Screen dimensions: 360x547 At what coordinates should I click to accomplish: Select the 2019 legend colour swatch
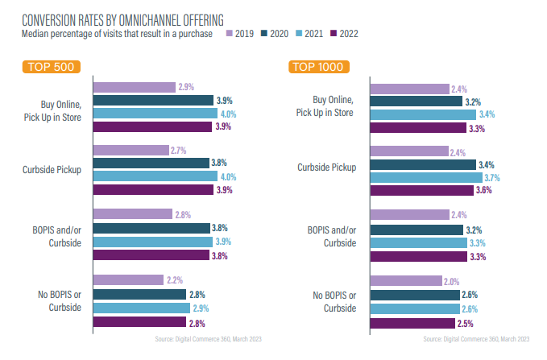[x=230, y=33]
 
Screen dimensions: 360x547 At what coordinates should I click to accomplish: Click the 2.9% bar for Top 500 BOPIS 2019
[x=135, y=87]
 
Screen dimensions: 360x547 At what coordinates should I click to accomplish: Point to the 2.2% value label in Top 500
[x=175, y=279]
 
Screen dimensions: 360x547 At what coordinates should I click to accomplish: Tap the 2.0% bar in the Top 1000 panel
[x=406, y=280]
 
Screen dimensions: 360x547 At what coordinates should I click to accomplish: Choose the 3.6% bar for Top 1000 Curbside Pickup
[x=421, y=191]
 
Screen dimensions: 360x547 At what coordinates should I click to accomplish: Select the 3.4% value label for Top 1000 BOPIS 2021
[x=486, y=114]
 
